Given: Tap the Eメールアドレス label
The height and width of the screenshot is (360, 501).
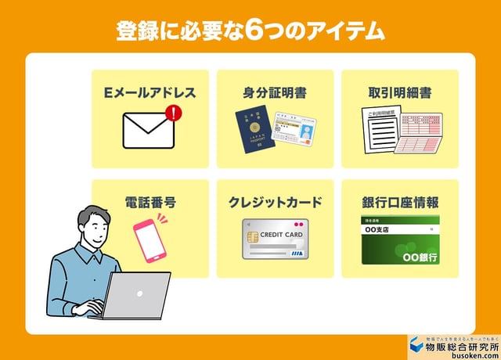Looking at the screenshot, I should pos(150,92).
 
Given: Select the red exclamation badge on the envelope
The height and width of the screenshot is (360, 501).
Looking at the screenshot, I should pos(174,114).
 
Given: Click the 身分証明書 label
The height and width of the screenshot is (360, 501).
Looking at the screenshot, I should pos(275,92).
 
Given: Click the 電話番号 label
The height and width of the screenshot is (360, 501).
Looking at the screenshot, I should pos(150,202).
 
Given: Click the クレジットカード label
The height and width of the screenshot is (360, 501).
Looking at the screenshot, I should pos(275,202).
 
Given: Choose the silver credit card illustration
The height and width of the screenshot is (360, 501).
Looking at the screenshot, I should pos(275,239).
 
